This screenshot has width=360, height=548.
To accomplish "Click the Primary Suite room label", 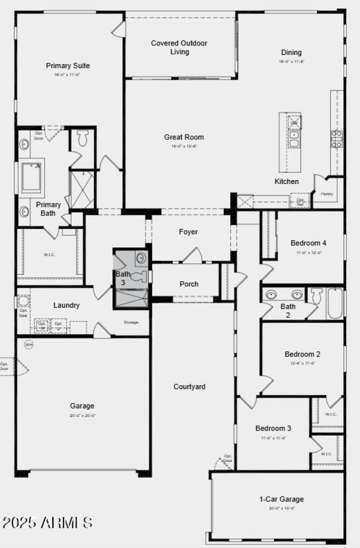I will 68,66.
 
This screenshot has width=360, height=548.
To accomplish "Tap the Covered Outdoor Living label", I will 179,47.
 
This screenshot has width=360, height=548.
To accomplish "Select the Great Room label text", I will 184,137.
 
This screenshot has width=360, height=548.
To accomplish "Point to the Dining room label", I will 291,53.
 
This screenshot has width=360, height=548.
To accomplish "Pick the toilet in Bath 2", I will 317,296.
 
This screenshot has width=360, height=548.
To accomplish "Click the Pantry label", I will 327,194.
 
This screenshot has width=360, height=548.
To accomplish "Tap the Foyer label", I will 188,232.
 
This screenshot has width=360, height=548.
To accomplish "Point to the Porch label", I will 189,284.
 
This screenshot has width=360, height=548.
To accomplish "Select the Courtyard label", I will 189,386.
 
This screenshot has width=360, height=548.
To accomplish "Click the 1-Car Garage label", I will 281,499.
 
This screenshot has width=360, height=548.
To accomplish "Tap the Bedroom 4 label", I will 308,243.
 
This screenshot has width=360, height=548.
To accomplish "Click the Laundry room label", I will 67,305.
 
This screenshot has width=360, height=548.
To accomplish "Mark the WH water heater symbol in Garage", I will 29,344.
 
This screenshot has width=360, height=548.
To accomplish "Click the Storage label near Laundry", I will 131,322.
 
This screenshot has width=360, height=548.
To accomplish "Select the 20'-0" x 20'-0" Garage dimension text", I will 83,416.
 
